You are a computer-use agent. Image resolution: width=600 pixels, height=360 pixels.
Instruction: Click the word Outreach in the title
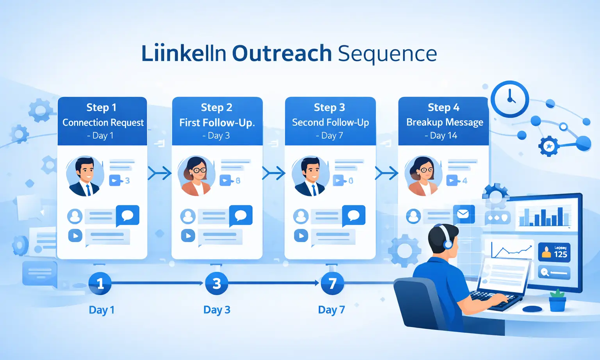tap(282, 53)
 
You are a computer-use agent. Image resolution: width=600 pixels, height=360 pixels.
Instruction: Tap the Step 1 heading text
tap(101, 107)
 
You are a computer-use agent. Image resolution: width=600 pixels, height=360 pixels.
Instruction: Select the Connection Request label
tap(103, 123)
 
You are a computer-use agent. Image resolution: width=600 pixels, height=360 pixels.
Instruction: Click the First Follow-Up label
tap(217, 123)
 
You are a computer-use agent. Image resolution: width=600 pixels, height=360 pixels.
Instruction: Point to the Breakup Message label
tap(445, 122)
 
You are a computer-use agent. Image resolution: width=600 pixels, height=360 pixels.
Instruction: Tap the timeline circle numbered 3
tap(216, 283)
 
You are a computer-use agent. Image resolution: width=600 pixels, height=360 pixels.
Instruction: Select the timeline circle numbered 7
tap(332, 283)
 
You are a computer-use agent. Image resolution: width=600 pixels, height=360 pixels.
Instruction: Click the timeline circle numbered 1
tap(100, 283)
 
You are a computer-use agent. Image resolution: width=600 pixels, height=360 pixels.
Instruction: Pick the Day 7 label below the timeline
tap(331, 310)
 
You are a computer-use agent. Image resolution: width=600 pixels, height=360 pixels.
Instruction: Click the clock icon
tap(510, 99)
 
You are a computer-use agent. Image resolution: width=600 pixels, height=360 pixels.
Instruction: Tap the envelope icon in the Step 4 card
tap(463, 214)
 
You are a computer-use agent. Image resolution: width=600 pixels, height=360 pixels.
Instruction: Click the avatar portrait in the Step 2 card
tap(196, 176)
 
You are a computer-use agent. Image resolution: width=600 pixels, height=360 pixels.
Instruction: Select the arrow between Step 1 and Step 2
tap(159, 173)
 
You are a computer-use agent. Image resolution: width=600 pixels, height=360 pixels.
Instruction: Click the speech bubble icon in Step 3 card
tap(354, 215)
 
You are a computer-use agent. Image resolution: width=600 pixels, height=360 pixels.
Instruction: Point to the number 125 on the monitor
tap(560, 254)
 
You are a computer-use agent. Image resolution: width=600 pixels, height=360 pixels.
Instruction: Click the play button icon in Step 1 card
tap(75, 235)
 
